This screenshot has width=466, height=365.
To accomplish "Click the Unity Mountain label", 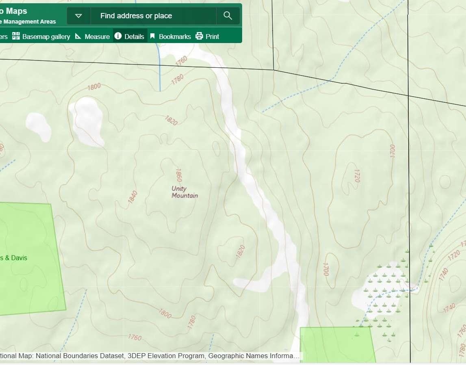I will pyautogui.click(x=184, y=192).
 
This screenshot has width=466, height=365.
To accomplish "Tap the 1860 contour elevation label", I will pyautogui.click(x=178, y=175).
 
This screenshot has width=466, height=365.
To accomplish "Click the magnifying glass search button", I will pyautogui.click(x=228, y=16).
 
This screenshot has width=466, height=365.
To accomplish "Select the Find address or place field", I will pyautogui.click(x=153, y=16).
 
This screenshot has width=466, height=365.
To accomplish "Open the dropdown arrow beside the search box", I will pyautogui.click(x=79, y=16).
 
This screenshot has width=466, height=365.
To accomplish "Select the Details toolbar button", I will pyautogui.click(x=134, y=37).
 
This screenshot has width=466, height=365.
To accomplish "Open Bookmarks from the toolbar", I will pyautogui.click(x=174, y=37).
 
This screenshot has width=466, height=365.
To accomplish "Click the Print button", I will pyautogui.click(x=212, y=37).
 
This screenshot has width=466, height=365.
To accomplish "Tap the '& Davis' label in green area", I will pyautogui.click(x=14, y=258).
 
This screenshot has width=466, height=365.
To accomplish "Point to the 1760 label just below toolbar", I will pyautogui.click(x=181, y=60).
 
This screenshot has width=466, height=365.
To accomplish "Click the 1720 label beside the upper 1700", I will pyautogui.click(x=357, y=175).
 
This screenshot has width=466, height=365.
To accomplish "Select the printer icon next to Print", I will pyautogui.click(x=199, y=36).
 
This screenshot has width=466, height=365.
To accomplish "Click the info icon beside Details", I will pyautogui.click(x=118, y=36).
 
